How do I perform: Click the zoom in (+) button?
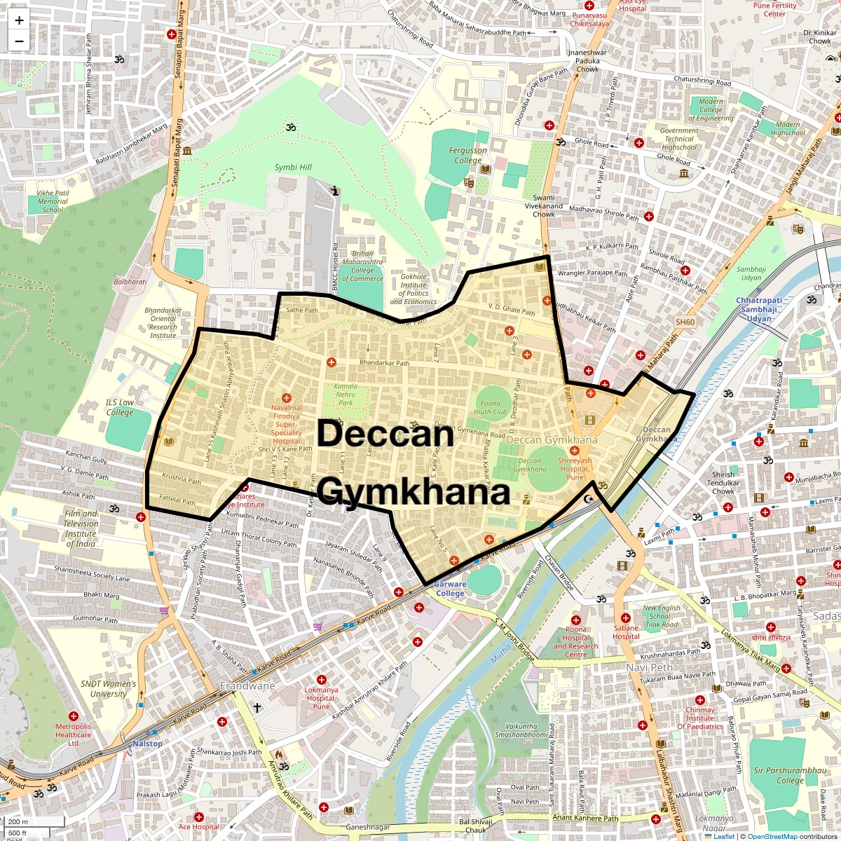point(19,20)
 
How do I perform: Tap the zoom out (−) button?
point(19,41)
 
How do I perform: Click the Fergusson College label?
point(468,155)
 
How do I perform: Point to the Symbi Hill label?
point(293,167)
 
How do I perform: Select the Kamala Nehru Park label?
point(346,395)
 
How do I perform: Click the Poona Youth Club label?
point(491,407)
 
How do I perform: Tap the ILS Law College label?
point(120,407)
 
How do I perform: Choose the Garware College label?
point(450,589)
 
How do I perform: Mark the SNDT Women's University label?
point(109,689)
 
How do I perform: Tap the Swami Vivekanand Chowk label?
point(544,206)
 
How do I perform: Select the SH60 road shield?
point(685,322)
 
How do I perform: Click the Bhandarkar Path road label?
point(384,363)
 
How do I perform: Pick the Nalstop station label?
point(147,744)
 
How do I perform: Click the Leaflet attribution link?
point(724,836)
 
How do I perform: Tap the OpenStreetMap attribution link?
point(772,836)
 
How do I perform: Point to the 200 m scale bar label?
point(19,822)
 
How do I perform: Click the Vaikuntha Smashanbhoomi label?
point(521,731)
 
